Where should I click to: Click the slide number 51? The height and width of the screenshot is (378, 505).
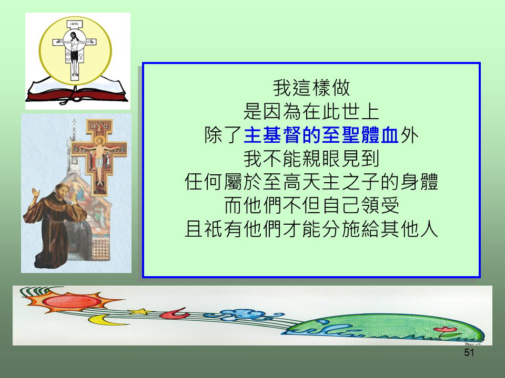pos(469,353)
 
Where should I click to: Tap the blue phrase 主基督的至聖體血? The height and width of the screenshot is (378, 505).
pos(321,135)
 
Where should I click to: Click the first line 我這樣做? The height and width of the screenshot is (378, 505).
pos(311,88)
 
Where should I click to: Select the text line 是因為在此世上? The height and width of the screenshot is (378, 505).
pos(311,111)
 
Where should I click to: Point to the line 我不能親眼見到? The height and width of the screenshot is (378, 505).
pos(311,159)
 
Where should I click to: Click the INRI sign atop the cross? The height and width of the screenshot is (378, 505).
pos(74,25)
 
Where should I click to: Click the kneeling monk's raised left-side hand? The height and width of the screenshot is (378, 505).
pos(35,194)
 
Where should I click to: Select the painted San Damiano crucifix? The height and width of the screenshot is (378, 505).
pos(99,157)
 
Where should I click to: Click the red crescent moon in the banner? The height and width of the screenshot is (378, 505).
pos(174,313)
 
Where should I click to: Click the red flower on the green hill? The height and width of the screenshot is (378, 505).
pos(445,330)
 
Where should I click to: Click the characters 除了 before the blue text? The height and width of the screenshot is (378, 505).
pos(224,135)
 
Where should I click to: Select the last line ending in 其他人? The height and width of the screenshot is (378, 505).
pos(311,229)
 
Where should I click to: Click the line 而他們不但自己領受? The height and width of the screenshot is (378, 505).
pos(311,205)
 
